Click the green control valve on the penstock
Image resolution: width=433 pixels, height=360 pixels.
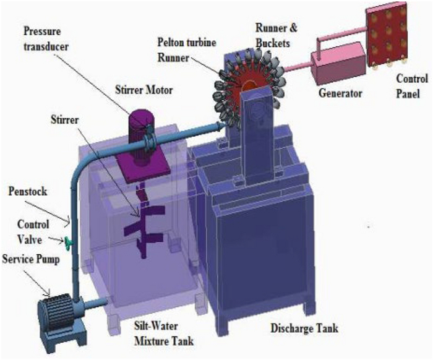pyautogui.click(x=66, y=241)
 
